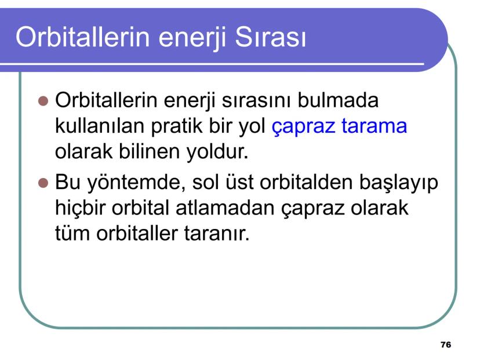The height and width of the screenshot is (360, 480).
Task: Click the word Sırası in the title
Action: tap(271, 37)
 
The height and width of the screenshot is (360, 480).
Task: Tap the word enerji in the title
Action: tap(192, 39)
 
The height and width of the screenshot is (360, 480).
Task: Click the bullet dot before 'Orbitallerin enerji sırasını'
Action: tap(43, 101)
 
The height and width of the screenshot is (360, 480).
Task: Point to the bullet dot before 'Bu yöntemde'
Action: tap(43, 183)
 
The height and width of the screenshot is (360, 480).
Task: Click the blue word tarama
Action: tap(374, 126)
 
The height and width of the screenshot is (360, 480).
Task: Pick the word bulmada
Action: tap(338, 100)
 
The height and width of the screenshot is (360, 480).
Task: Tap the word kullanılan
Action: tap(100, 126)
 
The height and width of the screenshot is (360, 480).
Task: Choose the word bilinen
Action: tap(149, 151)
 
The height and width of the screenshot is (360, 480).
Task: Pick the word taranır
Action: tap(217, 234)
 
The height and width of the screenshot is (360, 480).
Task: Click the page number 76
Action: tap(446, 345)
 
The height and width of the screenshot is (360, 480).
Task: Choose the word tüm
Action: tap(72, 234)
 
